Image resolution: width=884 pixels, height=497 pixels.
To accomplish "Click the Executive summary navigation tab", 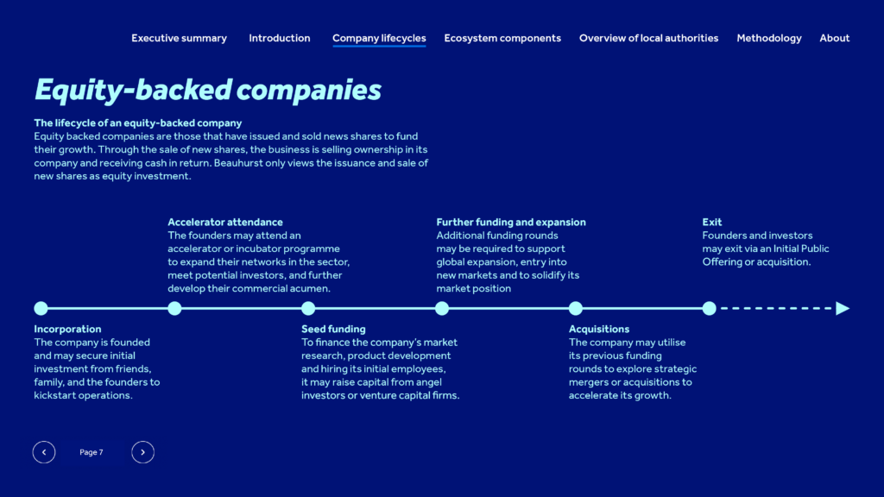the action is point(180,38).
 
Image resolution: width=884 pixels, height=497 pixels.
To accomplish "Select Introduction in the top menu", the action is point(280,38).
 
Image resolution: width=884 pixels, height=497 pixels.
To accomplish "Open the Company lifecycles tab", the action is point(379,38).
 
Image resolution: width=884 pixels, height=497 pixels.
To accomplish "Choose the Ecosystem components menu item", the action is point(502,38).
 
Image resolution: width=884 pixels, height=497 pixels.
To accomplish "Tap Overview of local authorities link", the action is point(649,38).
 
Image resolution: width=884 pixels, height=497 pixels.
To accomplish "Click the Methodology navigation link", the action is point(769,38).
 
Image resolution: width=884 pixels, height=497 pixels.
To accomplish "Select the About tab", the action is point(835,38).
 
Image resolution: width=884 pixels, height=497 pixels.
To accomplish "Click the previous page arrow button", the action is point(44,452).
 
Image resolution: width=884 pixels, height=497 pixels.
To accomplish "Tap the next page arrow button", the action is point(142,452).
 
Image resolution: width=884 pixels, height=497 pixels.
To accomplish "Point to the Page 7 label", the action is point(92,452).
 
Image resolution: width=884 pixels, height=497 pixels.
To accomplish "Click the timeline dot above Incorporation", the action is point(41,308).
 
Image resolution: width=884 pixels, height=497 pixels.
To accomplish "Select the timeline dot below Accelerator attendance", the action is point(174,308).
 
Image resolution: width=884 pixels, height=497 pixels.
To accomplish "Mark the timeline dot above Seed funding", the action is point(308,308).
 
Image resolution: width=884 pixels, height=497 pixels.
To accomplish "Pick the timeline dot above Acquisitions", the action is point(576,308).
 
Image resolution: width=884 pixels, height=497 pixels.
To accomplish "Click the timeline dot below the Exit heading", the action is point(710,308).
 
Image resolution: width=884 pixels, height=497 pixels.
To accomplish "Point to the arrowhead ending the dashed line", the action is point(843,308).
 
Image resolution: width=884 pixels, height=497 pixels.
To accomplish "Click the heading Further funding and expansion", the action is point(511,222).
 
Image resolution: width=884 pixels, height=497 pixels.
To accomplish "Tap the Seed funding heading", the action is point(333,329).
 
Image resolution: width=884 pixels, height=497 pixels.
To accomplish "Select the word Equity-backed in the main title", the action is point(133,90).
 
